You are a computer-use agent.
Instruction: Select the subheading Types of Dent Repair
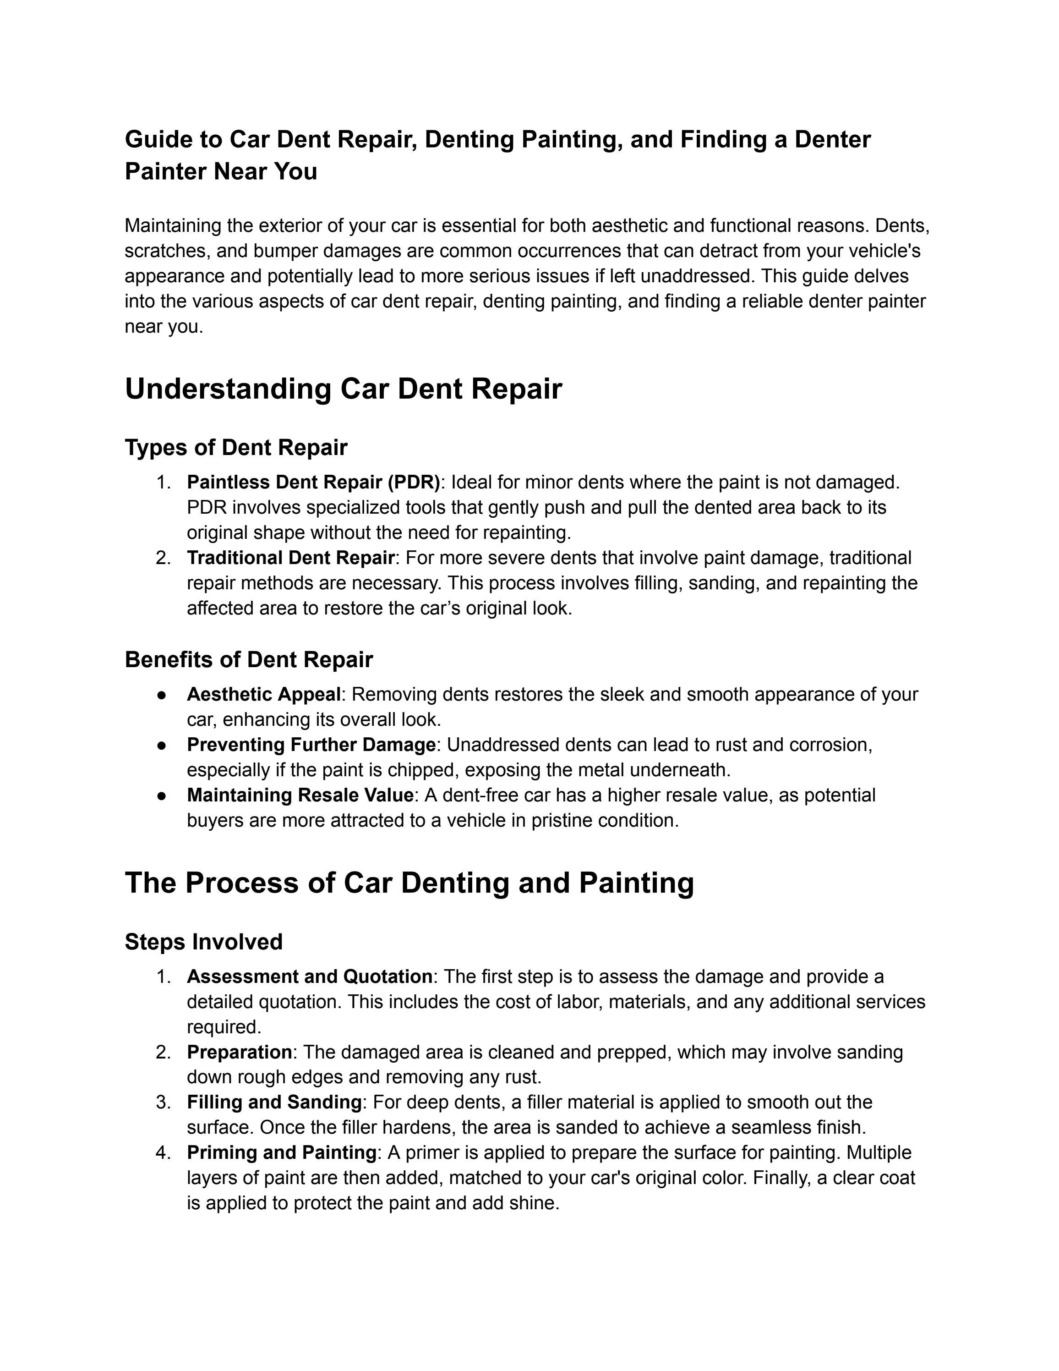[x=236, y=448]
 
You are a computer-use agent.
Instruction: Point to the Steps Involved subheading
[x=203, y=942]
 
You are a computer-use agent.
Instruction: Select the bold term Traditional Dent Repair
[x=290, y=558]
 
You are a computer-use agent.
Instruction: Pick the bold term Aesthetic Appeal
[x=263, y=694]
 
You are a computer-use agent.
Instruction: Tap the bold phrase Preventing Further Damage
[x=311, y=745]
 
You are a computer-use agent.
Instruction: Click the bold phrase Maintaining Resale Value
[x=300, y=795]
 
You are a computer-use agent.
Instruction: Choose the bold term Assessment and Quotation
[x=309, y=977]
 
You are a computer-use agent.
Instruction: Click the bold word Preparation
[x=239, y=1052]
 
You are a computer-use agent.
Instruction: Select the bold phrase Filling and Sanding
[x=274, y=1102]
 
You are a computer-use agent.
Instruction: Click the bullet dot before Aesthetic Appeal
[x=162, y=695]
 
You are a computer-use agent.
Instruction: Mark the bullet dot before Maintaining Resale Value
[x=162, y=796]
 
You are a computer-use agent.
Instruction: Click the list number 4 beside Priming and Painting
[x=163, y=1152]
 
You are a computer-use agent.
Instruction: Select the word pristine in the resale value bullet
[x=561, y=821]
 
